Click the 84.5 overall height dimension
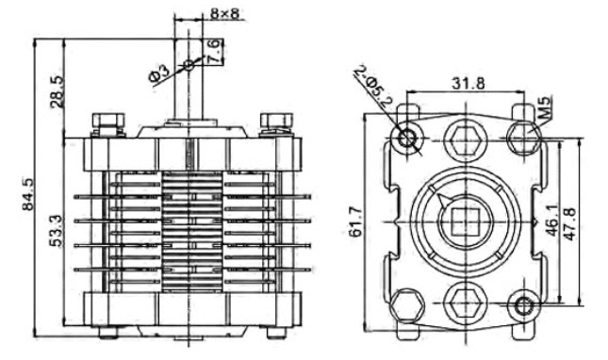28,194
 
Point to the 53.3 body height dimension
57,232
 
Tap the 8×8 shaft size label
224,13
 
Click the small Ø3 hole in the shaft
189,65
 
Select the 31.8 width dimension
468,83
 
